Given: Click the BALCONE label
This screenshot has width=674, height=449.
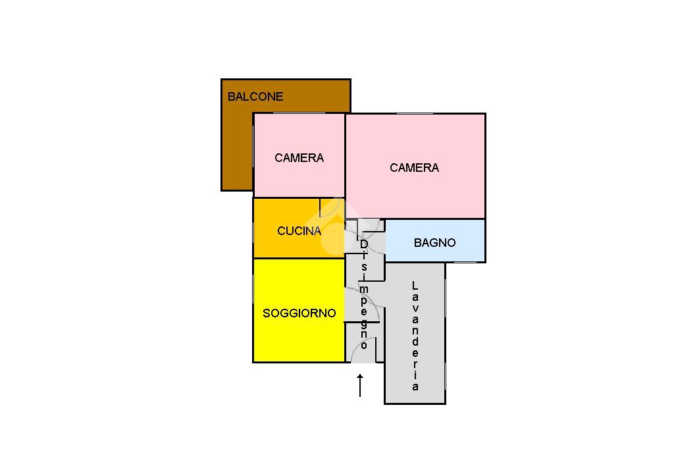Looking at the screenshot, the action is (255, 97).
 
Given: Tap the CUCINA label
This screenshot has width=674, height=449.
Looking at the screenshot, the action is (299, 231).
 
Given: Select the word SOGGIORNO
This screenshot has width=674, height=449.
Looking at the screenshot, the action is (299, 313).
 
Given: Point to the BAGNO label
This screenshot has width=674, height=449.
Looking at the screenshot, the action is (434, 243).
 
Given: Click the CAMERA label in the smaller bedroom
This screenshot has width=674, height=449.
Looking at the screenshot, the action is (299, 158).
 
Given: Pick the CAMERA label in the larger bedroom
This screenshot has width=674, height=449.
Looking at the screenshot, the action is (414, 168).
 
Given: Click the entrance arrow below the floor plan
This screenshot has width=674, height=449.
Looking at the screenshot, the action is (360, 385).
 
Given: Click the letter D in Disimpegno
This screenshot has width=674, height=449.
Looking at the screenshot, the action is (364, 244).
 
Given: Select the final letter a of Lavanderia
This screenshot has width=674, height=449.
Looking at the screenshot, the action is (415, 387).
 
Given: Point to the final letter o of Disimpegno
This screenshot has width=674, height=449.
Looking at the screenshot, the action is (364, 344).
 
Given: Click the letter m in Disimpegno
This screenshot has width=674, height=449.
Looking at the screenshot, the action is (364, 289).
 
